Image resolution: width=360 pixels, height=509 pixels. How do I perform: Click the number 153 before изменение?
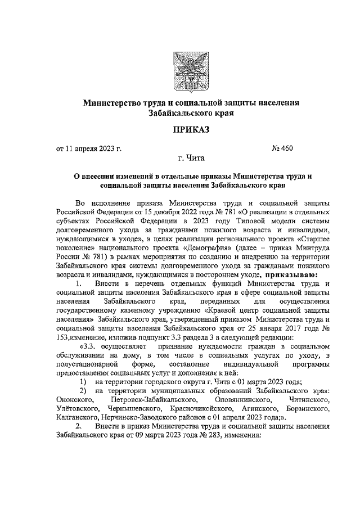point(63,336)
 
